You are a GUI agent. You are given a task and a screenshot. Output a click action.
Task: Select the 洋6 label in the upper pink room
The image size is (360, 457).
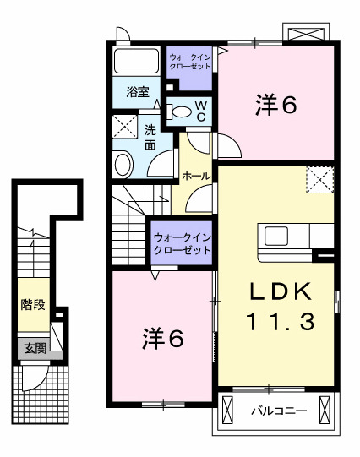(x=276, y=106)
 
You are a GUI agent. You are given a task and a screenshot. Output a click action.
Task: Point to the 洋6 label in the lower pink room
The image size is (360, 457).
(x=161, y=338)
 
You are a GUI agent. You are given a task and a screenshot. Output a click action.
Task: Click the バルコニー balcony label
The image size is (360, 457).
(x=272, y=413)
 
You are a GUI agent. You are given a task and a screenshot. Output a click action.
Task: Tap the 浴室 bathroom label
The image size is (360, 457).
(x=138, y=90)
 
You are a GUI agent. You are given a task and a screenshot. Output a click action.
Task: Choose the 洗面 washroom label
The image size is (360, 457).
(x=150, y=137)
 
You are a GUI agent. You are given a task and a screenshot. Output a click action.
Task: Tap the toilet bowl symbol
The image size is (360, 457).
(x=180, y=110)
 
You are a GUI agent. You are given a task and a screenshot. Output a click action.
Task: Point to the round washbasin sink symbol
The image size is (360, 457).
(x=123, y=163)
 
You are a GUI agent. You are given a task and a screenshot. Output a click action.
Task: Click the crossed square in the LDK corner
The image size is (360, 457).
(x=319, y=180)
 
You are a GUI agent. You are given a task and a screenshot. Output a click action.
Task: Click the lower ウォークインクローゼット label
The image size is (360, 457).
(x=182, y=245)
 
